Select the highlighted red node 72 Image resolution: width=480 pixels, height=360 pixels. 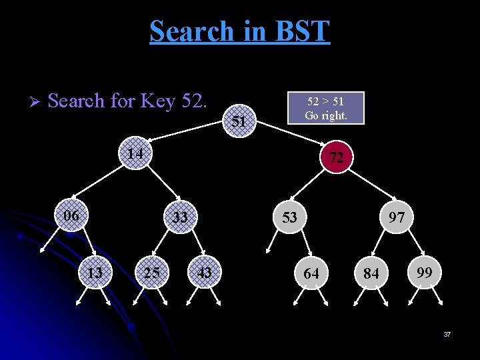336,157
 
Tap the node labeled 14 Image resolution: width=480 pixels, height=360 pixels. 136,154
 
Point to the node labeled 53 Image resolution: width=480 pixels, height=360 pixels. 289,217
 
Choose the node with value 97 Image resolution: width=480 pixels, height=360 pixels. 397,217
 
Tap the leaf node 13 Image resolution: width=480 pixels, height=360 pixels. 95,272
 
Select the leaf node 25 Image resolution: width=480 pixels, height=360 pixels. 151,272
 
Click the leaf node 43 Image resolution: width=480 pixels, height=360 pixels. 205,272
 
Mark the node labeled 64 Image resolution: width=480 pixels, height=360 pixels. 311,273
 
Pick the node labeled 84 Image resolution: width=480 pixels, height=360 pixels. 372,273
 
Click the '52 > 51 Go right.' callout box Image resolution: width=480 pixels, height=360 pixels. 325,108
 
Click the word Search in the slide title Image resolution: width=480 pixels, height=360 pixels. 192,31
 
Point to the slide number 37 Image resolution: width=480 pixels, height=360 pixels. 447,333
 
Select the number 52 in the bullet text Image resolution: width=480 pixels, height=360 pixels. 193,101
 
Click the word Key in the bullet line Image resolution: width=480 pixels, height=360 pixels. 157,102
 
